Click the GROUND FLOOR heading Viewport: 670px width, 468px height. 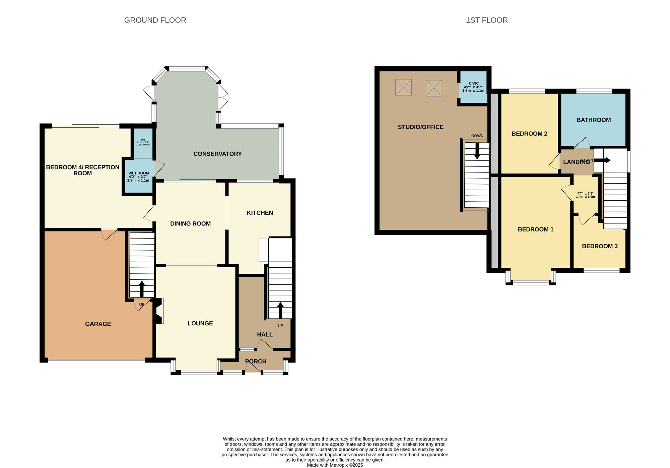click(x=155, y=20)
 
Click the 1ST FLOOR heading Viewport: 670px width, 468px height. click(x=486, y=20)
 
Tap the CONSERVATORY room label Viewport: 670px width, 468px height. click(x=217, y=154)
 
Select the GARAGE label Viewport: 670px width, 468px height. click(x=98, y=324)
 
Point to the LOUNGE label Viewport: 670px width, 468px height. click(x=200, y=323)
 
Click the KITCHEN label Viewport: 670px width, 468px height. click(x=260, y=213)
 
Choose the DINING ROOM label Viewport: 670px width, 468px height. click(x=190, y=223)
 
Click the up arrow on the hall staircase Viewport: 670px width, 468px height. click(x=280, y=310)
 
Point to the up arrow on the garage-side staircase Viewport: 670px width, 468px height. click(x=142, y=288)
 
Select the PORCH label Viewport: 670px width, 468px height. click(x=256, y=361)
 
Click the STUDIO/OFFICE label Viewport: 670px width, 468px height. click(x=420, y=127)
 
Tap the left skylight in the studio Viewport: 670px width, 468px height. click(x=403, y=87)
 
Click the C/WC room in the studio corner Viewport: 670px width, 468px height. click(x=473, y=87)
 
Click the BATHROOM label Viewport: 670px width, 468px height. click(x=593, y=120)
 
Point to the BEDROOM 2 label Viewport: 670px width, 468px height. click(x=529, y=134)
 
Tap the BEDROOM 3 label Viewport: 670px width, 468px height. click(x=600, y=246)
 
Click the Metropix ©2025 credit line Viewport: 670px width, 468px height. click(x=335, y=465)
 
